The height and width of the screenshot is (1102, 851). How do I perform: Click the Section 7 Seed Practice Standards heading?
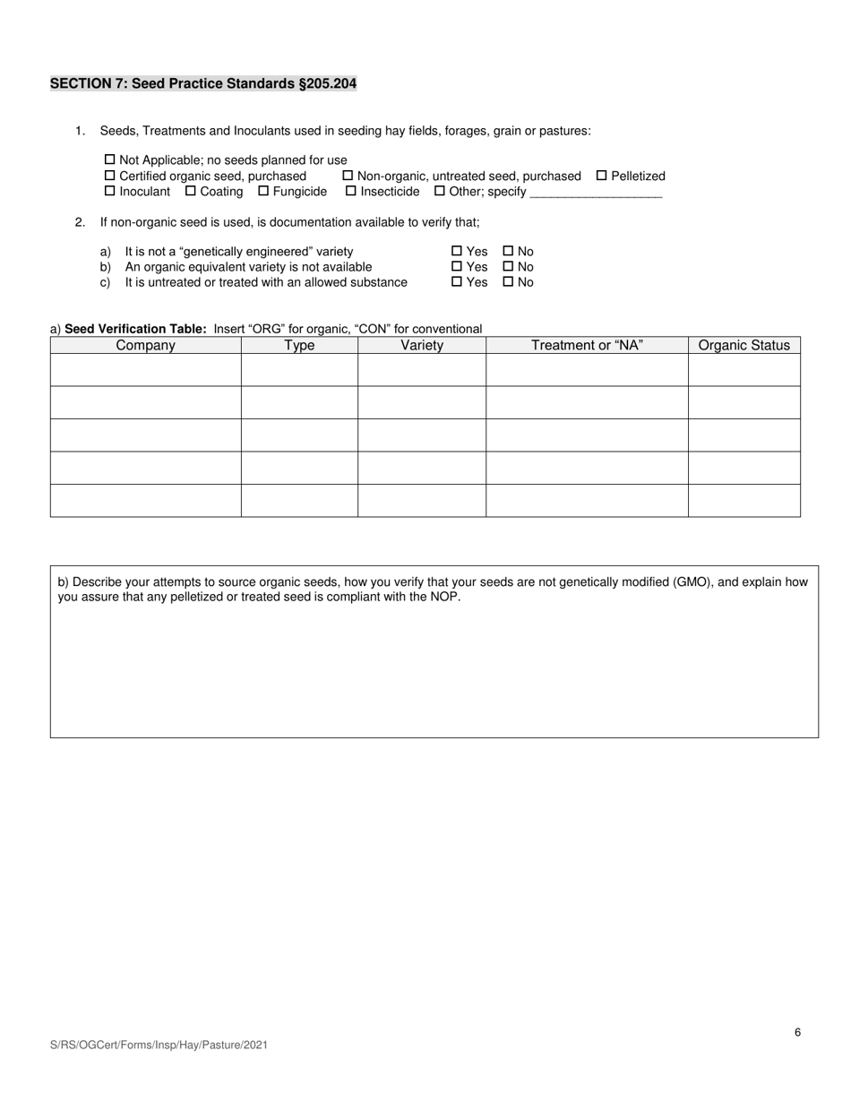203,83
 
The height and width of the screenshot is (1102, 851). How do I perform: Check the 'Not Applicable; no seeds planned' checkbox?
111,160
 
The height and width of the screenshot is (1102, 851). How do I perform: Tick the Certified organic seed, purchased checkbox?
111,176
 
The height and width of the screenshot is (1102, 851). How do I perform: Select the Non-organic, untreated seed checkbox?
348,176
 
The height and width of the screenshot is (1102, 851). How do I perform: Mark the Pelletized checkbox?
602,176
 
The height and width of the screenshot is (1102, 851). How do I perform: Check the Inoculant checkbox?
111,191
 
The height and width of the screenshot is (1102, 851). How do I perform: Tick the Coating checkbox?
191,191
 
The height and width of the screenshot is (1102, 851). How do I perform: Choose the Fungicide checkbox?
264,191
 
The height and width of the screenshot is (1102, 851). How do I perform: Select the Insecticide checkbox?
351,191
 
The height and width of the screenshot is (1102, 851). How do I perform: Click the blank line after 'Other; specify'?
596,192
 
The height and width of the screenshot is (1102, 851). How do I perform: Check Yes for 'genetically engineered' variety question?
457,252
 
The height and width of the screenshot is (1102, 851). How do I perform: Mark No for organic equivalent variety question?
509,267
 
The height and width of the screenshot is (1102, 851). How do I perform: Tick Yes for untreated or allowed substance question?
457,282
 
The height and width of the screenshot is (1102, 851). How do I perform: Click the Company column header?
145,345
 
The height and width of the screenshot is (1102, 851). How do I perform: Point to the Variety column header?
422,345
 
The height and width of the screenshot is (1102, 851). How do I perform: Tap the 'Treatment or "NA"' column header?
587,345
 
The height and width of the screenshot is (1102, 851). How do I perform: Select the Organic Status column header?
744,345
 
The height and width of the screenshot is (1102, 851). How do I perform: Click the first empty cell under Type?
299,370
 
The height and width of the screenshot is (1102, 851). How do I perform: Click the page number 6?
797,1032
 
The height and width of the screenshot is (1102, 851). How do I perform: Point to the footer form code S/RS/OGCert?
159,1045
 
